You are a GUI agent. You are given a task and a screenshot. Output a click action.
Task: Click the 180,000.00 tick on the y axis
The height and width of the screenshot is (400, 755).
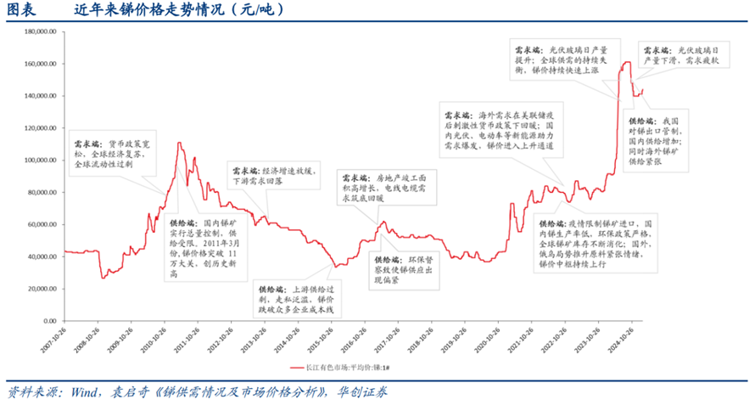[x=39, y=32]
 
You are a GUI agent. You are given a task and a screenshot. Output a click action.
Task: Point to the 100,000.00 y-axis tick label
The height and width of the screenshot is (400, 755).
[x=39, y=160]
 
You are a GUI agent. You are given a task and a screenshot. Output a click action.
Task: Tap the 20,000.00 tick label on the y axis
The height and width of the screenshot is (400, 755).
[x=41, y=289]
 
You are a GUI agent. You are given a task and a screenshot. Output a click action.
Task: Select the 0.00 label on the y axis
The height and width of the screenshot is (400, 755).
[x=48, y=320]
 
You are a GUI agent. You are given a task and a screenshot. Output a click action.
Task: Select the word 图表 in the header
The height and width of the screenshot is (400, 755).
[x=21, y=10]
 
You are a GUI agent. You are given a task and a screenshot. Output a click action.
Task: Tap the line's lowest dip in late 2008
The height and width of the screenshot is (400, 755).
[x=103, y=277]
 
